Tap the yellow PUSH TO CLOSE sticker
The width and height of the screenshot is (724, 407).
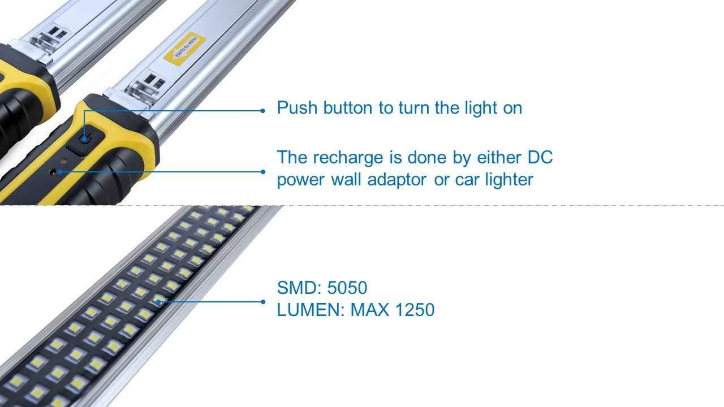[x=184, y=49]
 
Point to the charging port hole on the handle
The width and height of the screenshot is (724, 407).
[x=53, y=171]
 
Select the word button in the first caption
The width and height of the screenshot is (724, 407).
[x=348, y=107]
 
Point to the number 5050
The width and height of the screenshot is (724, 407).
[x=347, y=288]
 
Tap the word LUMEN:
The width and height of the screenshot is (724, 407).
[x=311, y=310]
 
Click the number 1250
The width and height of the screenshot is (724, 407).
[x=415, y=310]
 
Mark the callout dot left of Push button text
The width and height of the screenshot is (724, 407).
[x=262, y=111]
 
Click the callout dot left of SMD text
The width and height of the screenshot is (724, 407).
[x=263, y=302]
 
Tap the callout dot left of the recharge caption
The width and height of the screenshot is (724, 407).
[x=263, y=172]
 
